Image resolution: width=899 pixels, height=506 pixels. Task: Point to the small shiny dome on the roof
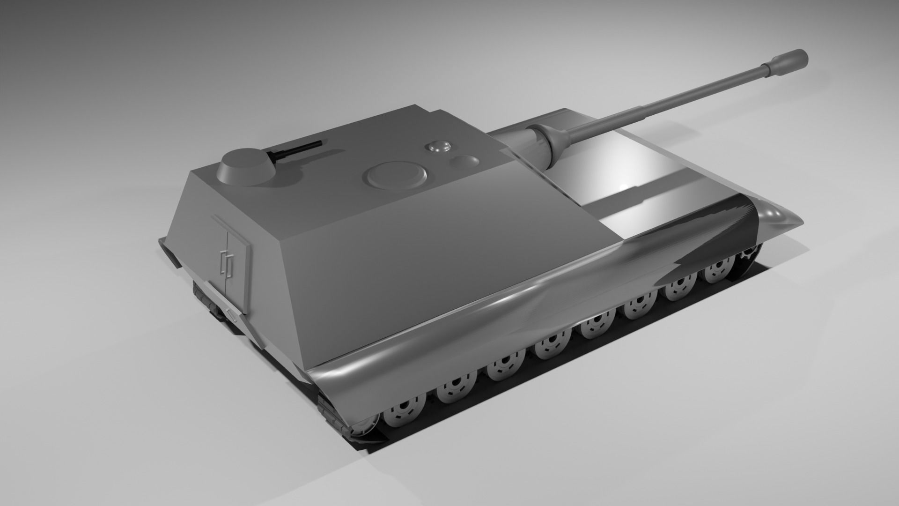click(x=439, y=147)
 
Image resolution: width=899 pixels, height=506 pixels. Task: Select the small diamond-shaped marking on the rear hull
click(x=229, y=315)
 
